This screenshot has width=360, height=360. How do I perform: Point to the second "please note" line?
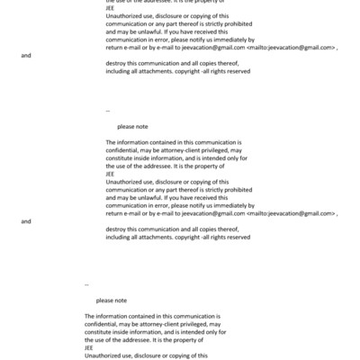pos(112,300)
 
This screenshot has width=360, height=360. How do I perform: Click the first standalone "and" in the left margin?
pos(26,55)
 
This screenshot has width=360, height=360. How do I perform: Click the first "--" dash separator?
pos(108,111)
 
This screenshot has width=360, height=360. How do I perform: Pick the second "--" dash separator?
pos(86,284)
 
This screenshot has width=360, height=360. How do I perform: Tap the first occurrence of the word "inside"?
pos(146,158)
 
